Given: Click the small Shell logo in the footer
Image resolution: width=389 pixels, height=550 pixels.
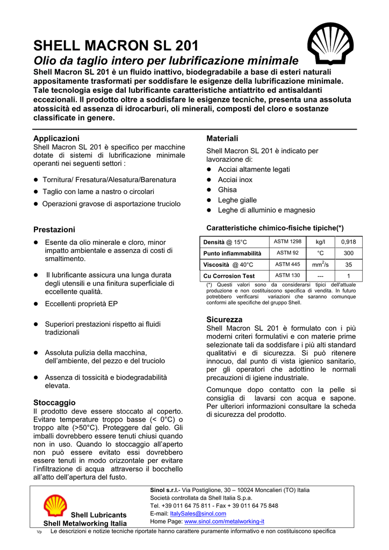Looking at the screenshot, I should click(55, 506).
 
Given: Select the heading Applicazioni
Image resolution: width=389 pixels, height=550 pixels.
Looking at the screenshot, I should click(56, 139).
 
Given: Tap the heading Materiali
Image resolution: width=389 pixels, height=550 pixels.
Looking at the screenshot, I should click(222, 139).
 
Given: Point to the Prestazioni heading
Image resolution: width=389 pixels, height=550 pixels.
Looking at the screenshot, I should click(54, 229).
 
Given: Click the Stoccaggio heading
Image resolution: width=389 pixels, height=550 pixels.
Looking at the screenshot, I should click(54, 402).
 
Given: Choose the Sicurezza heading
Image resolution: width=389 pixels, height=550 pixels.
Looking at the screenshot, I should click(225, 320).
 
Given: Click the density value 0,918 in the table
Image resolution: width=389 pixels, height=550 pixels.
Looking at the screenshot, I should click(348, 242).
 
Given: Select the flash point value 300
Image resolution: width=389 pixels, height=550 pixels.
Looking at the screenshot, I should click(348, 253).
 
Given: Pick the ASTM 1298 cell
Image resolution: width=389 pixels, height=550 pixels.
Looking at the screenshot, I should click(288, 242).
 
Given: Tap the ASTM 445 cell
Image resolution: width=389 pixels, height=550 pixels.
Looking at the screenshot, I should click(288, 264).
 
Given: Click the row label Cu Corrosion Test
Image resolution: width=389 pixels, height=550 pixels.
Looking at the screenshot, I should click(229, 276).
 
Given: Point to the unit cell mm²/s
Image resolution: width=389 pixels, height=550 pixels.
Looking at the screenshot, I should click(320, 264).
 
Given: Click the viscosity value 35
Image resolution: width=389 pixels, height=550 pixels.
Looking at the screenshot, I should click(348, 265).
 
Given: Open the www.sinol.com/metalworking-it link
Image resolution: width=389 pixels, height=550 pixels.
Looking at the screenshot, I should click(224, 521).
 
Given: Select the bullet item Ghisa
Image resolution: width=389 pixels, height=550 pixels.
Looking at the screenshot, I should click(227, 190).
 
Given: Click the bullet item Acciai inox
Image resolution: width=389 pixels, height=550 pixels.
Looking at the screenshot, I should click(235, 179).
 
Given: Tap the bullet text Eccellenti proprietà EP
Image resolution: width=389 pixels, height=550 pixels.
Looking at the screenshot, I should click(81, 303).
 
